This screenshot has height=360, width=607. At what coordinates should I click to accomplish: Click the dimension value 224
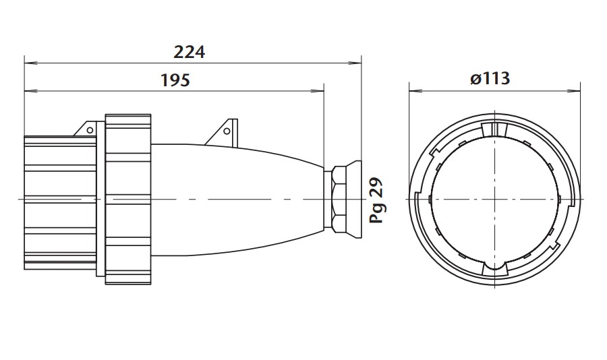[x=189, y=51]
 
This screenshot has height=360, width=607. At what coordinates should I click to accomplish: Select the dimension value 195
[x=175, y=80]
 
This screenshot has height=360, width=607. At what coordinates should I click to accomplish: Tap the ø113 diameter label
[x=490, y=79]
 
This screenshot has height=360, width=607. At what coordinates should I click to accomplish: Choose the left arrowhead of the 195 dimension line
[x=28, y=90]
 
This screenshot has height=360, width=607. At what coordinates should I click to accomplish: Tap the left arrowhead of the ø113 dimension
[x=413, y=90]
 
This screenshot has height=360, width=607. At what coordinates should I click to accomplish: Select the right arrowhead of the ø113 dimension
[x=577, y=90]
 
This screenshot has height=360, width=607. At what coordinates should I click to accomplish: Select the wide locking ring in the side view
[x=127, y=200]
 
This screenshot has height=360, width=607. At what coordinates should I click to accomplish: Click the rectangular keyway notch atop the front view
[x=496, y=128]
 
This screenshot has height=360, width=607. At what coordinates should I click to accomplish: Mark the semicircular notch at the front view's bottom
[x=496, y=271]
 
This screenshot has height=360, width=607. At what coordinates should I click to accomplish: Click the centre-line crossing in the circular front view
[x=496, y=200]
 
